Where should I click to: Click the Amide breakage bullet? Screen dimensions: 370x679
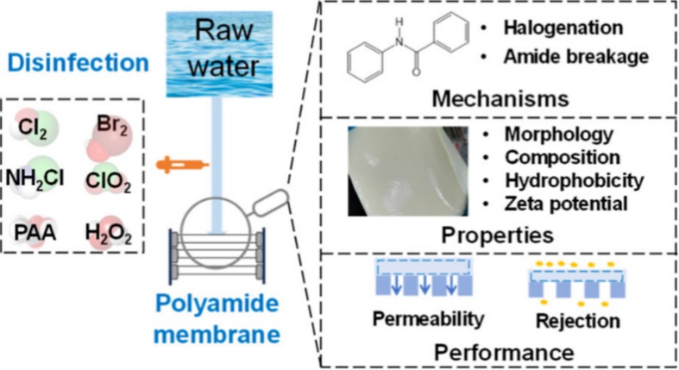[x=565, y=58]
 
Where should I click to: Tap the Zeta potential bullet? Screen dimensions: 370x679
[x=566, y=203]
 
